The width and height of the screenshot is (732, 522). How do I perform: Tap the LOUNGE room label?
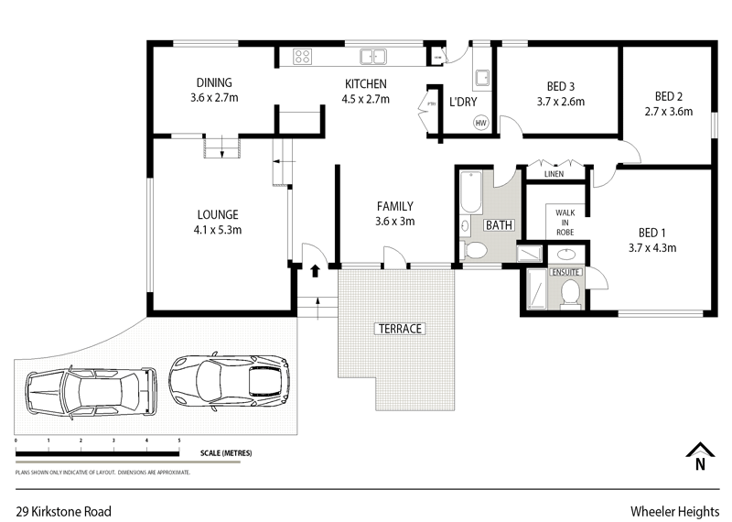click(x=216, y=223)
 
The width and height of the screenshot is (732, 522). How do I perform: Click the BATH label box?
click(x=499, y=224)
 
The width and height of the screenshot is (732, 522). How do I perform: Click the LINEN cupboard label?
click(x=554, y=173)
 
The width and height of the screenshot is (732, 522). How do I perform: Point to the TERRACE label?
click(x=398, y=328)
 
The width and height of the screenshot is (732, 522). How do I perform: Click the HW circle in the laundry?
click(x=480, y=123)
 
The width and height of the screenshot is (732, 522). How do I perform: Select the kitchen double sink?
click(x=373, y=57)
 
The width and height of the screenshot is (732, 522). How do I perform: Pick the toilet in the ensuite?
click(x=571, y=291)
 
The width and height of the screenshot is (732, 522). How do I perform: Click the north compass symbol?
click(x=698, y=455)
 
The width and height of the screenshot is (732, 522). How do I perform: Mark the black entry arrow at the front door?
click(x=317, y=270)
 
